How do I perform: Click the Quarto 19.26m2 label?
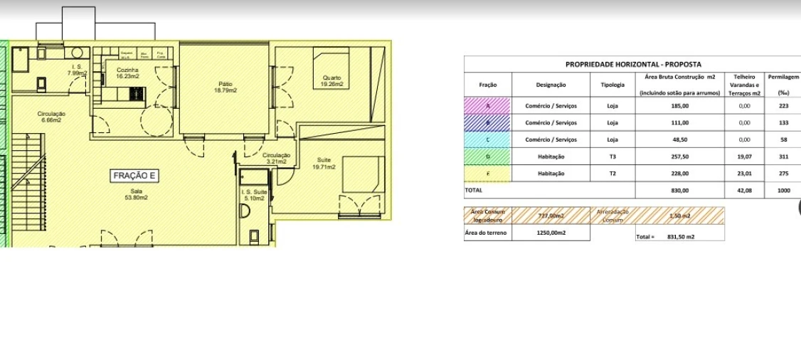[331, 81]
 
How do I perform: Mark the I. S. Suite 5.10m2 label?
[254, 195]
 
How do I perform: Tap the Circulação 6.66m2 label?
[52, 117]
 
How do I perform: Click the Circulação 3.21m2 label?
[276, 158]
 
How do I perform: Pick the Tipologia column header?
[612, 85]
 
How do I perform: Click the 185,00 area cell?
[679, 105]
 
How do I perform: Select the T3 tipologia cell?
[612, 157]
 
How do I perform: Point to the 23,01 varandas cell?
[744, 174]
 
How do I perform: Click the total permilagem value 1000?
[783, 191]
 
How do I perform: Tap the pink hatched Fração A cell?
[488, 105]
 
